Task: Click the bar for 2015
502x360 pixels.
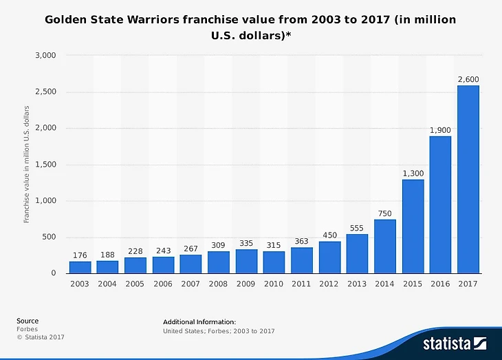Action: [413, 226]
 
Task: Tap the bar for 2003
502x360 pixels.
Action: [80, 267]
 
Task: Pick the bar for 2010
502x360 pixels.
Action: [274, 262]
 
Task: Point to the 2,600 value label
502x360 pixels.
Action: [468, 80]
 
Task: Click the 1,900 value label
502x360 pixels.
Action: [440, 131]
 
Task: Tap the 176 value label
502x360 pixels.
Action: [80, 256]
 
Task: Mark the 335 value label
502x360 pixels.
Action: [246, 244]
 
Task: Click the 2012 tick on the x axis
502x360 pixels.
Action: [329, 284]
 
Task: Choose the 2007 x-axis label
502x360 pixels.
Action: [190, 284]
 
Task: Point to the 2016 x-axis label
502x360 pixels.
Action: [440, 284]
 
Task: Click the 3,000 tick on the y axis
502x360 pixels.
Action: [45, 55]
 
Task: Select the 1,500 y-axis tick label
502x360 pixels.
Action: [45, 165]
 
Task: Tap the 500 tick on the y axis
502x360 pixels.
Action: [49, 237]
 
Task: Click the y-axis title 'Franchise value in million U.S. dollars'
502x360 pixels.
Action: [27, 164]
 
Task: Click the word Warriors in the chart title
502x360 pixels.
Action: [153, 20]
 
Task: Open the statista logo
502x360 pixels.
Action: [455, 342]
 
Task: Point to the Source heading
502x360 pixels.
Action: [28, 321]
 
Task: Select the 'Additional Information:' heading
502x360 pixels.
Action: [199, 321]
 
